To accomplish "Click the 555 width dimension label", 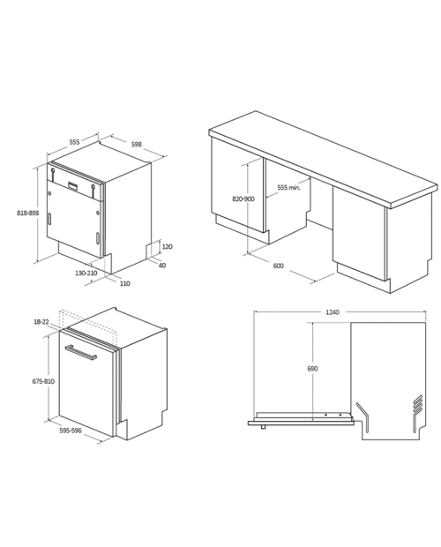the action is [x=74, y=142].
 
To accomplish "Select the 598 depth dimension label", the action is [x=137, y=144].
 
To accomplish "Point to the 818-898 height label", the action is [x=28, y=213].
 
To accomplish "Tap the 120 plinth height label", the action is [x=168, y=247].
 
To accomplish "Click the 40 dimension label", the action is [x=162, y=266].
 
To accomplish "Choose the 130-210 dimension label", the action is [x=86, y=273].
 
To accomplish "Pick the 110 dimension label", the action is [x=125, y=283].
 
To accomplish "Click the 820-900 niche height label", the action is [x=243, y=199].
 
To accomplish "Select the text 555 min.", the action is [x=288, y=188].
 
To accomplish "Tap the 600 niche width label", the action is [x=278, y=266].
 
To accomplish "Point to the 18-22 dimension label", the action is [x=41, y=322].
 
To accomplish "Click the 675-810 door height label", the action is [x=43, y=381].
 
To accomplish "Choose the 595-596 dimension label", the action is [x=71, y=431].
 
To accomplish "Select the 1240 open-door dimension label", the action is [x=333, y=312].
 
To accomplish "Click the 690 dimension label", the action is [x=313, y=369].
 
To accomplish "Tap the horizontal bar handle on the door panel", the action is [x=80, y=353].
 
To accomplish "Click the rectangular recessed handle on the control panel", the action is [x=73, y=185].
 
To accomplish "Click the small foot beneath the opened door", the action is [x=263, y=427].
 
